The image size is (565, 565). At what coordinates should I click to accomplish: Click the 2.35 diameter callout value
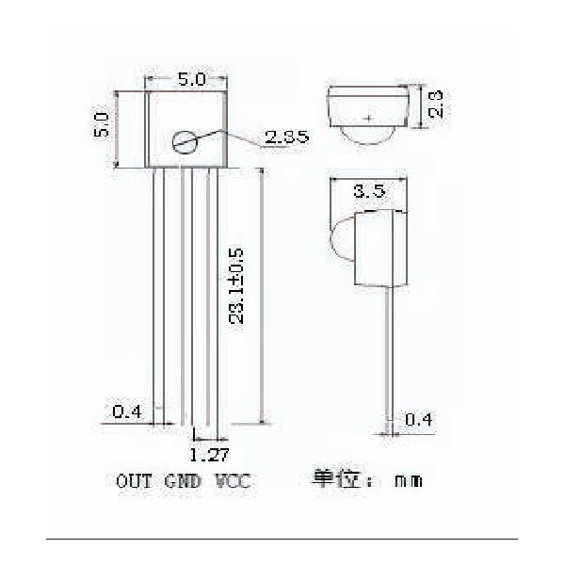coord(287,137)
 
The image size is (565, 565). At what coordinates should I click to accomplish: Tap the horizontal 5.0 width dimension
coord(192,79)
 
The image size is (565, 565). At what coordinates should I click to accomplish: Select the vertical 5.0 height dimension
coord(102,124)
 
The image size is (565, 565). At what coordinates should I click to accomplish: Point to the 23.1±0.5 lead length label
coord(236,286)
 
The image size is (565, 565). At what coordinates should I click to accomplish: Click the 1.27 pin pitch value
coord(209,455)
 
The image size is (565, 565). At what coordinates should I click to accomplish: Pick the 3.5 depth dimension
coord(369,190)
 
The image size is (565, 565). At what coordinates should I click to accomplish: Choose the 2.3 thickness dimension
coord(435,105)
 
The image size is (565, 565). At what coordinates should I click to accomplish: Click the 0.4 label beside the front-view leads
coord(127,412)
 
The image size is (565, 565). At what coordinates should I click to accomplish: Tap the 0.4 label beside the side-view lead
coord(418,419)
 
